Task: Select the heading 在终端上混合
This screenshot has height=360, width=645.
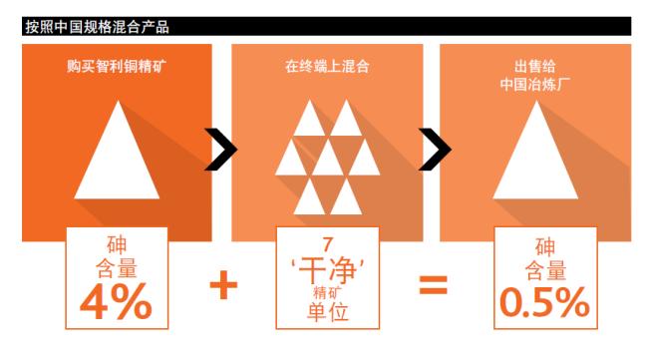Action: coord(326,73)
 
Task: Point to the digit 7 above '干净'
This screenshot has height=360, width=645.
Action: coord(327,243)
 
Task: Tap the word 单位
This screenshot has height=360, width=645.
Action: coord(327,310)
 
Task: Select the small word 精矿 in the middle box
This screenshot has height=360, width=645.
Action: coord(327,289)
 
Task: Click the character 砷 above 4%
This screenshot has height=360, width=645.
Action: coord(118,245)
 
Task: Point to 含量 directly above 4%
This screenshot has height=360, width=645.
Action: coord(118,268)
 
